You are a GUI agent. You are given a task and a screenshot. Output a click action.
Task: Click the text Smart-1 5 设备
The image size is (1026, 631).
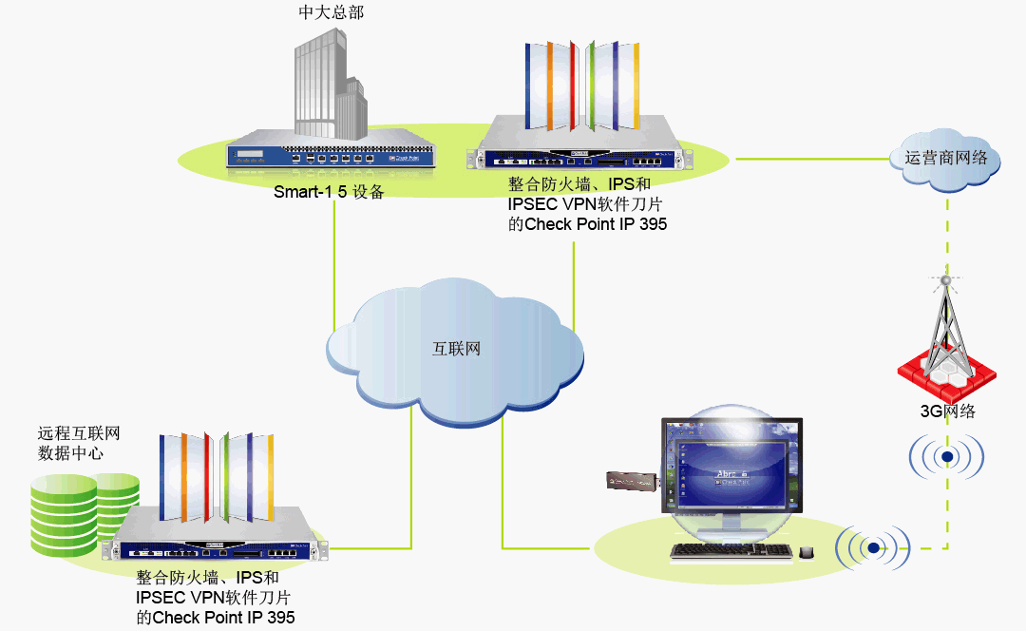(329, 192)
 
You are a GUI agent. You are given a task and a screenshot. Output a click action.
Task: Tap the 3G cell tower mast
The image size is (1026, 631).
(945, 323)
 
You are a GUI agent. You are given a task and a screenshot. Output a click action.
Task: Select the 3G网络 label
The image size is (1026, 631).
(946, 411)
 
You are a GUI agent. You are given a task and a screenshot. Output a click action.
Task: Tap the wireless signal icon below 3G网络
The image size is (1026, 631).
(946, 457)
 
